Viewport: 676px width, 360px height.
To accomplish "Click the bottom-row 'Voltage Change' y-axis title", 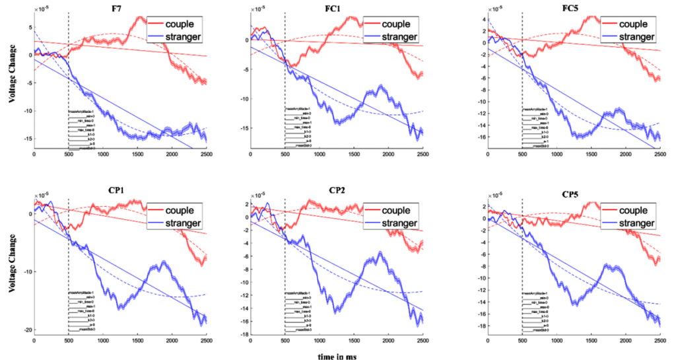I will click(x=11, y=265).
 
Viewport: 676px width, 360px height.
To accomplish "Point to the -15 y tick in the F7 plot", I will click(x=25, y=139).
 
